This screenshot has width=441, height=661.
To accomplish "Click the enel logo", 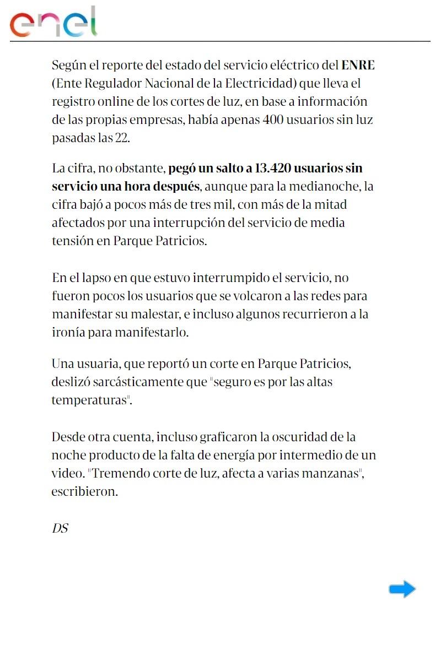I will (x=53, y=23).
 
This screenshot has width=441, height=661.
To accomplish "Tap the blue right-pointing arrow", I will (x=402, y=589).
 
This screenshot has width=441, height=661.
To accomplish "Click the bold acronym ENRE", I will (x=358, y=66).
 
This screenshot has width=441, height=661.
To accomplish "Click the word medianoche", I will (x=329, y=186).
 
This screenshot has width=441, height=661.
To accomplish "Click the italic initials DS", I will (x=60, y=528).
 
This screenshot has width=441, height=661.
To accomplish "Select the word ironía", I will (x=68, y=333).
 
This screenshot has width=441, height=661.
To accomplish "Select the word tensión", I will (x=72, y=241).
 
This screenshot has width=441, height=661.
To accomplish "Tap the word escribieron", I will (x=84, y=492).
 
